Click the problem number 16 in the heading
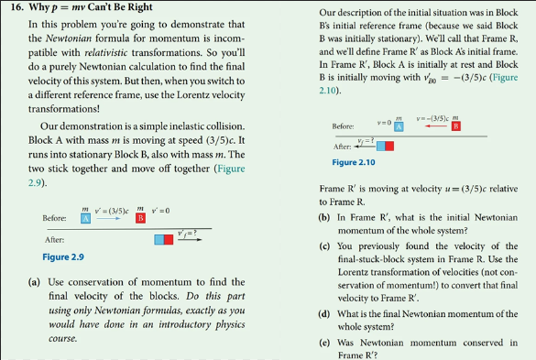[x=11, y=8]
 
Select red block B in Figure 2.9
[x=141, y=219]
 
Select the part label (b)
[x=325, y=217]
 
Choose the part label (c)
[x=325, y=247]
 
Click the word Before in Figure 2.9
[x=56, y=218]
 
